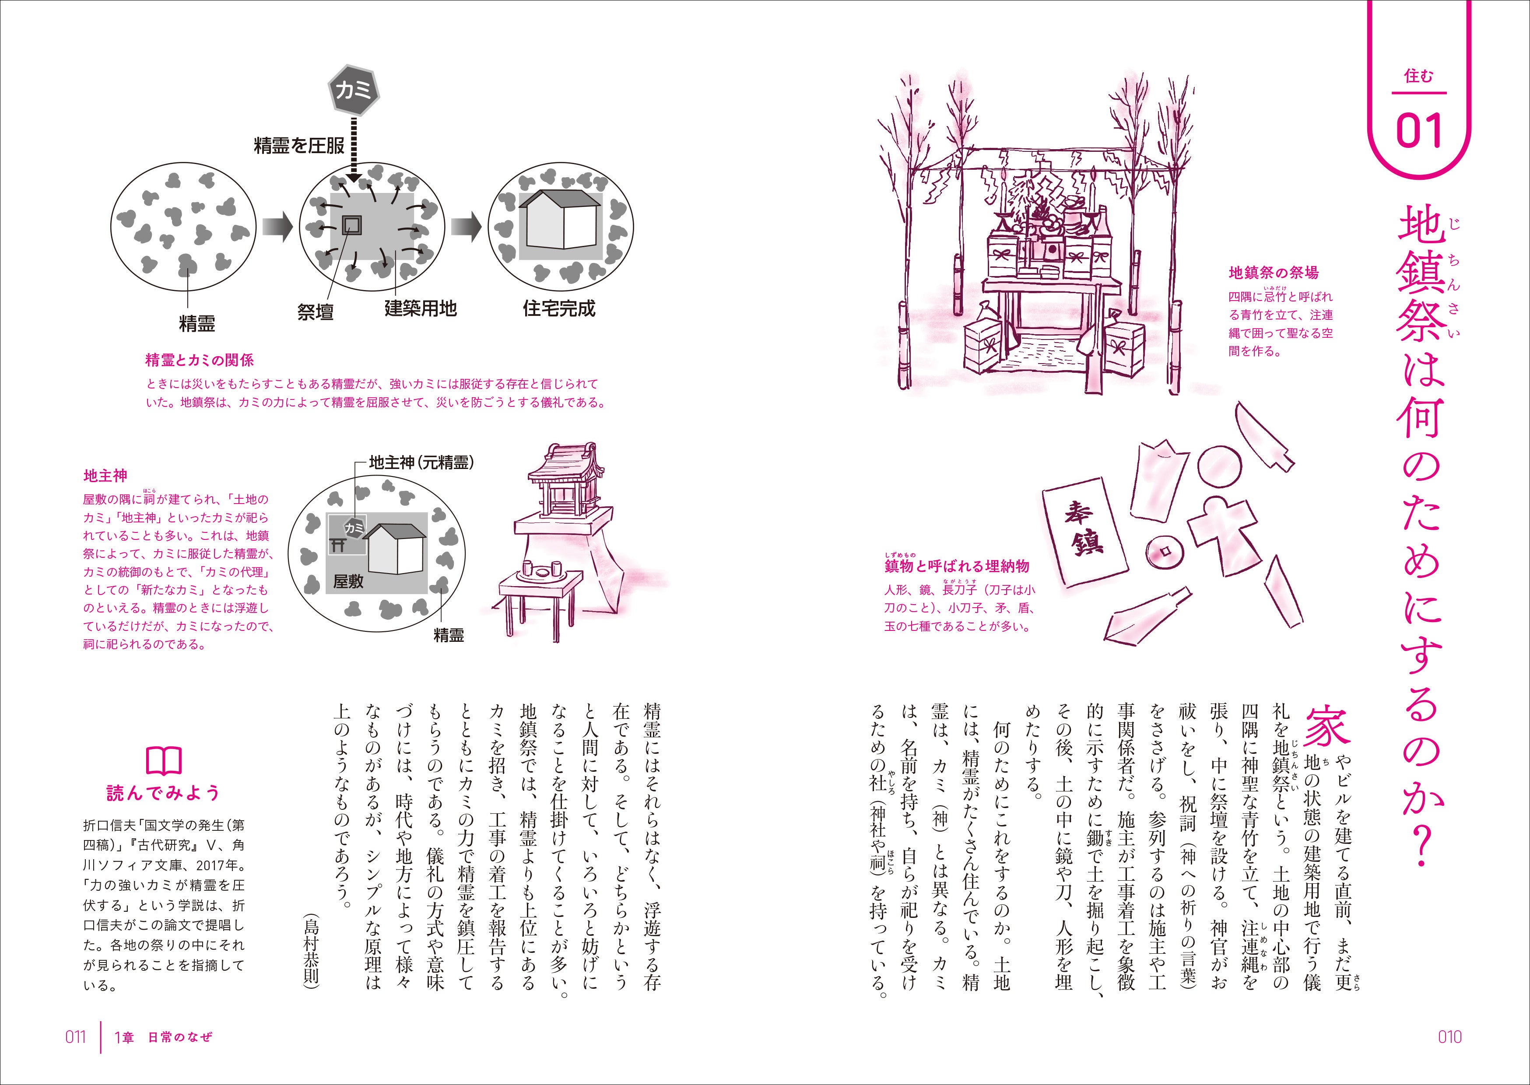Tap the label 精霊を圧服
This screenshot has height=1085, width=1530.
298,146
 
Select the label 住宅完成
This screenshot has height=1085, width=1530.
558,309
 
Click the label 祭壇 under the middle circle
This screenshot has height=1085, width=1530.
316,311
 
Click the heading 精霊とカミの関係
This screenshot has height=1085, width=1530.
200,360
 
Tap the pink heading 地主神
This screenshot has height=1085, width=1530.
105,476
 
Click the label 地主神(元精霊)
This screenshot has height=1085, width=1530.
421,462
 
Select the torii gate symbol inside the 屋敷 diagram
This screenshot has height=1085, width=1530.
338,545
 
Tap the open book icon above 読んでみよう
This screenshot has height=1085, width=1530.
164,759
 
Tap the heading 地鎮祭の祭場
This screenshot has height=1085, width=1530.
1274,273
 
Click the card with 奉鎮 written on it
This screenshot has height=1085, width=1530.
1086,532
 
